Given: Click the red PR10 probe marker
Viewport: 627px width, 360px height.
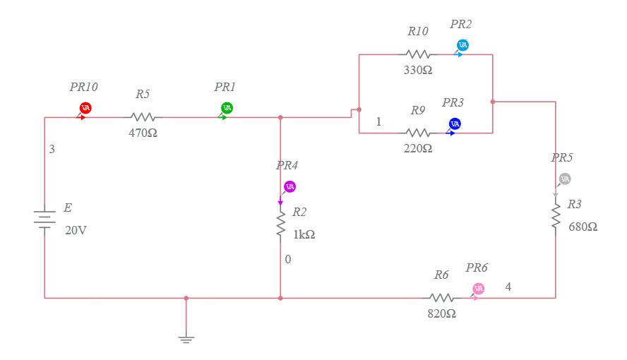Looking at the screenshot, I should click(85, 108).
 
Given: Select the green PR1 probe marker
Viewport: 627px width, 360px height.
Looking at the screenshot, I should click(227, 108).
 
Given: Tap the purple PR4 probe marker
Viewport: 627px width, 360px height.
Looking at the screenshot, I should click(289, 187).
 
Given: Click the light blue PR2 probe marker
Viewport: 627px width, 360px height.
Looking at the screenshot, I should click(462, 45).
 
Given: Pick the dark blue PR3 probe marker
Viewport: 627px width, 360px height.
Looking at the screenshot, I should click(455, 124).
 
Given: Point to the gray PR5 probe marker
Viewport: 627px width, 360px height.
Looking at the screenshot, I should click(564, 179).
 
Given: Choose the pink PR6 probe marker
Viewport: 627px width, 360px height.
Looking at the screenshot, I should click(478, 289).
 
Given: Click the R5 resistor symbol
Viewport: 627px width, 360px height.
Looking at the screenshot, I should click(143, 117).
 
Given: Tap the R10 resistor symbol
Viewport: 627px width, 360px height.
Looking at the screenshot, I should click(417, 54).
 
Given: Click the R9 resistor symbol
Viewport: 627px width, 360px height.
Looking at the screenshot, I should click(417, 133).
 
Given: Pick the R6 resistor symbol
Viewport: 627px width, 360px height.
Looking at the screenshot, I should click(442, 298).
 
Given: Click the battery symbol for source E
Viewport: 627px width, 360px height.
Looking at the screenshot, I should click(44, 218).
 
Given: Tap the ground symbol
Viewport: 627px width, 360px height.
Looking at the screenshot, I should click(186, 339).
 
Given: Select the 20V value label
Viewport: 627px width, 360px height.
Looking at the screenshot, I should click(76, 230).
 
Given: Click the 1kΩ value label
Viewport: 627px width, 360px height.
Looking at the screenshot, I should click(304, 235).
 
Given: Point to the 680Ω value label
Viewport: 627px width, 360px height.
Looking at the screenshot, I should click(583, 227).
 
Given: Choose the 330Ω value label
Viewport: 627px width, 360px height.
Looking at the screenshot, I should click(417, 71).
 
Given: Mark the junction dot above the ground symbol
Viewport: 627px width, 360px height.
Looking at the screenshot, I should click(186, 298).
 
